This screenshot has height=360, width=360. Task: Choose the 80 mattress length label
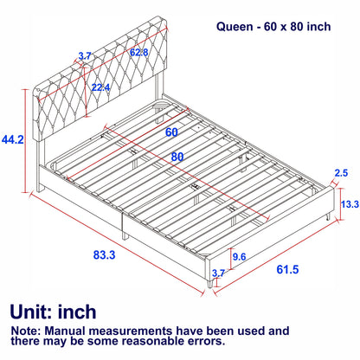(179, 157)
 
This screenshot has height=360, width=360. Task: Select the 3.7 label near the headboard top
(84, 55)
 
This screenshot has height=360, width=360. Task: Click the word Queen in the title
(235, 27)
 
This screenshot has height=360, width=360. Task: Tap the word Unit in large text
(33, 312)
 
